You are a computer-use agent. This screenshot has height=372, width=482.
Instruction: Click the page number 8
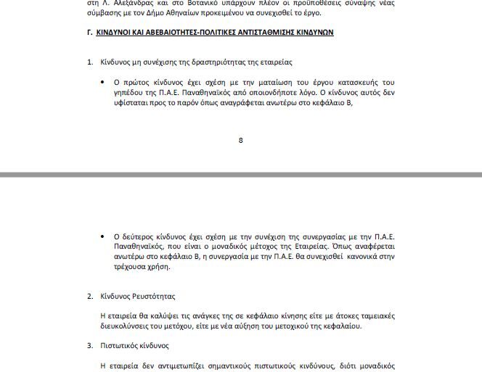[x=241, y=141]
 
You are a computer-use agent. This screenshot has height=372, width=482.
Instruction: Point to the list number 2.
[x=90, y=297]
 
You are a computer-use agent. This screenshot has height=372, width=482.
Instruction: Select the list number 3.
[x=90, y=346]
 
